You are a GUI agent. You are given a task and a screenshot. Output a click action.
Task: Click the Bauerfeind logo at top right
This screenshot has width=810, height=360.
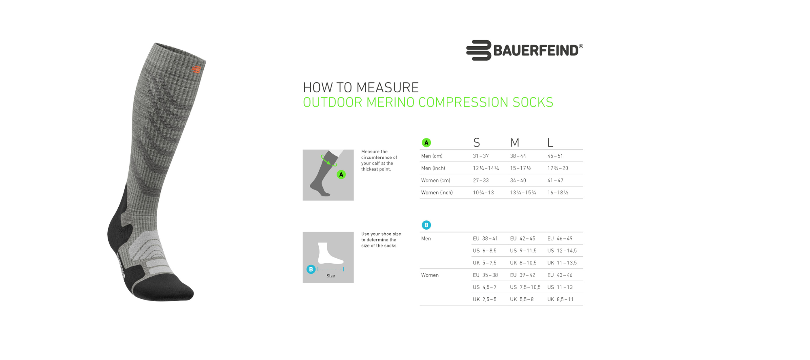click(524, 50)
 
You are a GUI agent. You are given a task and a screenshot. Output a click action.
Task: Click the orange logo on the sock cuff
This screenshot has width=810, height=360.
click(196, 70)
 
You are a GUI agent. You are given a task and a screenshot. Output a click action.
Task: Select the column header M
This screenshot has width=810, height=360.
click(514, 143)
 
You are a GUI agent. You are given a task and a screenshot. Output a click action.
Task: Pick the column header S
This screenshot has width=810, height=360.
click(477, 143)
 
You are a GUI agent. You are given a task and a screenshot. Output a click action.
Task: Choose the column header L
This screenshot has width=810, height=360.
click(550, 143)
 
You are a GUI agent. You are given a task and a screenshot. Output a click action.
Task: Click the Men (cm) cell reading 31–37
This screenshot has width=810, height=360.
click(481, 156)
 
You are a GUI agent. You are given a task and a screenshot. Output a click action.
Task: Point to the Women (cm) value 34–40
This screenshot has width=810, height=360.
click(518, 181)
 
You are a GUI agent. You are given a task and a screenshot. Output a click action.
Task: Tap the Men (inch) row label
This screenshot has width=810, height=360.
click(433, 168)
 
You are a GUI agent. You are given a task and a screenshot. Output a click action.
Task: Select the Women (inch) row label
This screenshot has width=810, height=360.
click(437, 193)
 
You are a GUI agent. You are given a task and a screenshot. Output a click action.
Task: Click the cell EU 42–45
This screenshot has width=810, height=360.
click(522, 239)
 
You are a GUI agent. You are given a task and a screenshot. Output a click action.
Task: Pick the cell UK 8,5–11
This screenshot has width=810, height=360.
click(560, 299)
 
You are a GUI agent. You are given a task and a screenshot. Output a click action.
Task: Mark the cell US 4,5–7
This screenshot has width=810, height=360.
click(484, 287)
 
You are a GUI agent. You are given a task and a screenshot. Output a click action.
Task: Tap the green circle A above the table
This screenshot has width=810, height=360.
click(426, 143)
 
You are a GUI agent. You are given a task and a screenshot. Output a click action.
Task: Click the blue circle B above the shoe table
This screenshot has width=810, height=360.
click(426, 225)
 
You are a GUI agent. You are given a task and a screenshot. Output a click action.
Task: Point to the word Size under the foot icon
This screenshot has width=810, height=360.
click(330, 276)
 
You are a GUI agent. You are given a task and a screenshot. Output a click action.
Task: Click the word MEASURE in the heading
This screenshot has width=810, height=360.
click(388, 87)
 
